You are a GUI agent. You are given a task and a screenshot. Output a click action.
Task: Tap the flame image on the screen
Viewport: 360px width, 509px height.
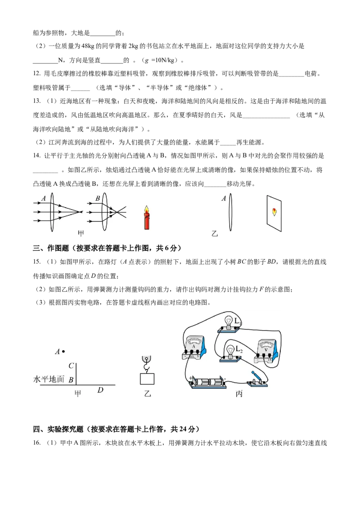click(x=274, y=211)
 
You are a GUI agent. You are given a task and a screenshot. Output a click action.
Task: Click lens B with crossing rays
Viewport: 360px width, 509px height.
click(x=104, y=211)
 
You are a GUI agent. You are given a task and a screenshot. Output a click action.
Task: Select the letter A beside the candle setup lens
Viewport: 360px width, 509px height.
click(x=223, y=198)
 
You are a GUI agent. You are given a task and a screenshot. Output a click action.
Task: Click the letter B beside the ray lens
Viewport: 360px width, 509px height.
click(x=97, y=198)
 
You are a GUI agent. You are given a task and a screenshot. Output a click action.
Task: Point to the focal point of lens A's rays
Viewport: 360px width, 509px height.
click(x=80, y=211)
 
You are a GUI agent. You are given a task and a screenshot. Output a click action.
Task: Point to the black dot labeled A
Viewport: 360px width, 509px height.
click(x=63, y=351)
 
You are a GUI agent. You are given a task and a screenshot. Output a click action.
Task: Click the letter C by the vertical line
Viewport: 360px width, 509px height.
click(x=71, y=366)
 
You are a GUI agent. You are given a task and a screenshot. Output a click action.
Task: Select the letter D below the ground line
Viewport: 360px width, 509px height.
click(x=100, y=390)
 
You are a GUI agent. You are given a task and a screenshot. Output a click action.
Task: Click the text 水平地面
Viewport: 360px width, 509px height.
click(x=49, y=380)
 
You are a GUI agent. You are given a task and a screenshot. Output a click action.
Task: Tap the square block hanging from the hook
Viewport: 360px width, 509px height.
click(x=147, y=379)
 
